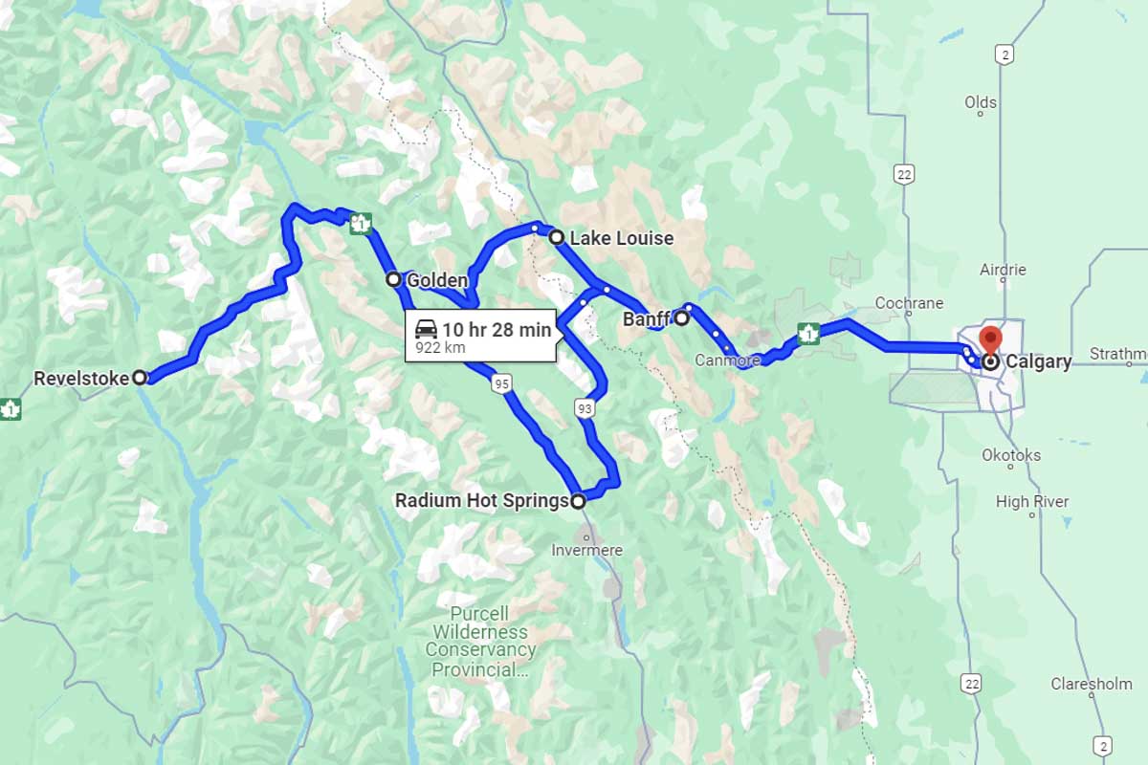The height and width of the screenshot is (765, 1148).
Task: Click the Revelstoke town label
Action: (x=80, y=379)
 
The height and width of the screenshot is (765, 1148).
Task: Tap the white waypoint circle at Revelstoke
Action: (x=140, y=378)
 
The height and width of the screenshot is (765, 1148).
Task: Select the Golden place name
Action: (x=437, y=280)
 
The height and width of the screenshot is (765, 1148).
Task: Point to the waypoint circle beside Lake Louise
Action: (x=556, y=237)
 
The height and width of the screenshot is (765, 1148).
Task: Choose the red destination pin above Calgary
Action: (x=990, y=339)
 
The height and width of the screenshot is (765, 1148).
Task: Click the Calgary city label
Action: (x=1038, y=362)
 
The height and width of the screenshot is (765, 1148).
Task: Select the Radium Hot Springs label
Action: (x=481, y=500)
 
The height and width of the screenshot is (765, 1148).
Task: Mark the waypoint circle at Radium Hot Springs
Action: (x=578, y=500)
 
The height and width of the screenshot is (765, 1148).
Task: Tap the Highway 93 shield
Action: (x=584, y=409)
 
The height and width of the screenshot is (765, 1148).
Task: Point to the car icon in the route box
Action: (x=426, y=330)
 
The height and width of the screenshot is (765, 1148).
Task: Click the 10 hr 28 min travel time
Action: (x=497, y=330)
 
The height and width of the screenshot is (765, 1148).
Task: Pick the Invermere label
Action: (x=586, y=550)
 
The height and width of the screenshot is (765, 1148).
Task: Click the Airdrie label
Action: (x=1003, y=271)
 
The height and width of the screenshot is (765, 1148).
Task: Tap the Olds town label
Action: (x=981, y=102)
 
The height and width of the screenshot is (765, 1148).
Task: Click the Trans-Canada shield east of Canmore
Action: (x=809, y=334)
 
